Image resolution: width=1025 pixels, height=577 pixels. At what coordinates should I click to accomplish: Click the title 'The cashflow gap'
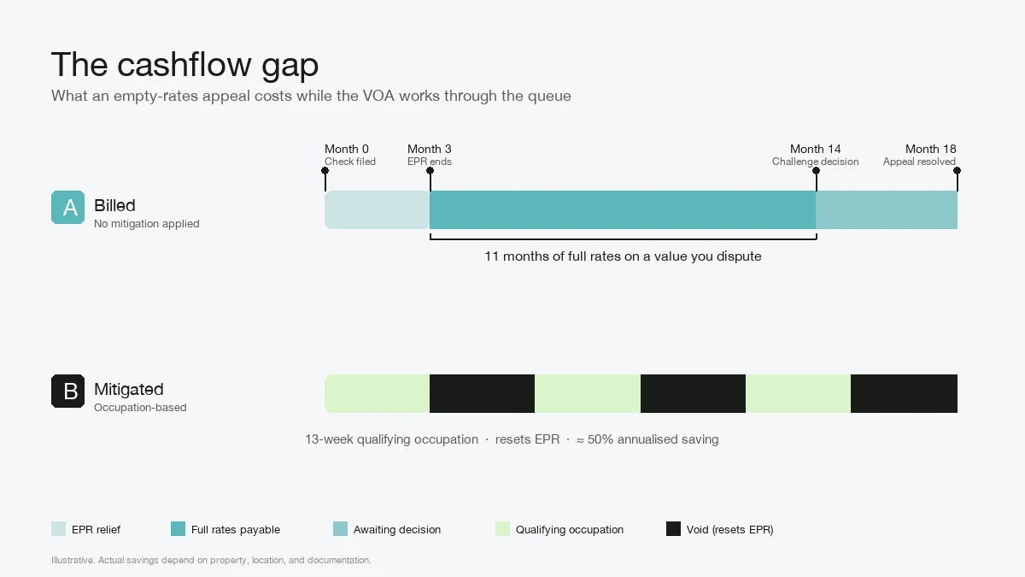pyautogui.click(x=184, y=65)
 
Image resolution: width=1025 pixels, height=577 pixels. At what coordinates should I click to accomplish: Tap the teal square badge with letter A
pyautogui.click(x=67, y=208)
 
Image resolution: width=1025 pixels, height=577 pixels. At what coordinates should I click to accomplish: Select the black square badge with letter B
pyautogui.click(x=67, y=392)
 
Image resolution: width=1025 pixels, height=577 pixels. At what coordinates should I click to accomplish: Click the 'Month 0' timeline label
pyautogui.click(x=347, y=150)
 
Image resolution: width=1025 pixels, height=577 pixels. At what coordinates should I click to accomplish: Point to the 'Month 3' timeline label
pyautogui.click(x=429, y=150)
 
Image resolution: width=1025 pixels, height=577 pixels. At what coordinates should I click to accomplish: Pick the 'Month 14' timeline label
pyautogui.click(x=816, y=150)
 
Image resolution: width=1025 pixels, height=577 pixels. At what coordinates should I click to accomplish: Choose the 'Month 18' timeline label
pyautogui.click(x=931, y=150)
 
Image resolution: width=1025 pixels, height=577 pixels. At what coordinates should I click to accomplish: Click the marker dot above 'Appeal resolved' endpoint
pyautogui.click(x=957, y=171)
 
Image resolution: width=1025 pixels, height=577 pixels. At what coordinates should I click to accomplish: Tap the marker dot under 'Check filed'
pyautogui.click(x=325, y=171)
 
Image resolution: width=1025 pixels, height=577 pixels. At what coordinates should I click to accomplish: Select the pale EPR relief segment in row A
pyautogui.click(x=377, y=209)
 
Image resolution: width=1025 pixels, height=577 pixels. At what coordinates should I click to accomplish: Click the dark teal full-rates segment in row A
pyautogui.click(x=623, y=209)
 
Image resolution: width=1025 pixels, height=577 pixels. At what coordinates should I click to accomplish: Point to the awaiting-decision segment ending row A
pyautogui.click(x=887, y=209)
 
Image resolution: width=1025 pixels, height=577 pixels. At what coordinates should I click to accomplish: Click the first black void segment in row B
pyautogui.click(x=483, y=393)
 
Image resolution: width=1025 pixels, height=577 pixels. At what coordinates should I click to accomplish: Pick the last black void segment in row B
pyautogui.click(x=905, y=393)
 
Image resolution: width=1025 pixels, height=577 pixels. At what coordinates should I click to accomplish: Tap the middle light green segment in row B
pyautogui.click(x=588, y=393)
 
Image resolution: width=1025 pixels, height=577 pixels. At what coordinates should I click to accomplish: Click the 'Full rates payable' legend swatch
pyautogui.click(x=178, y=528)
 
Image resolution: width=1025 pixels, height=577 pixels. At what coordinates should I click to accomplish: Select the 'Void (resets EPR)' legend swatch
pyautogui.click(x=674, y=528)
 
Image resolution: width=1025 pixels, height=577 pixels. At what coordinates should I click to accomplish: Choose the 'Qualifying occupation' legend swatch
pyautogui.click(x=502, y=528)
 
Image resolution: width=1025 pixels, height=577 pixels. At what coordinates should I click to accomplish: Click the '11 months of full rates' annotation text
pyautogui.click(x=623, y=256)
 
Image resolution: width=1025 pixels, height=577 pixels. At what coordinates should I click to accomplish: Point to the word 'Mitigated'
pyautogui.click(x=129, y=390)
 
